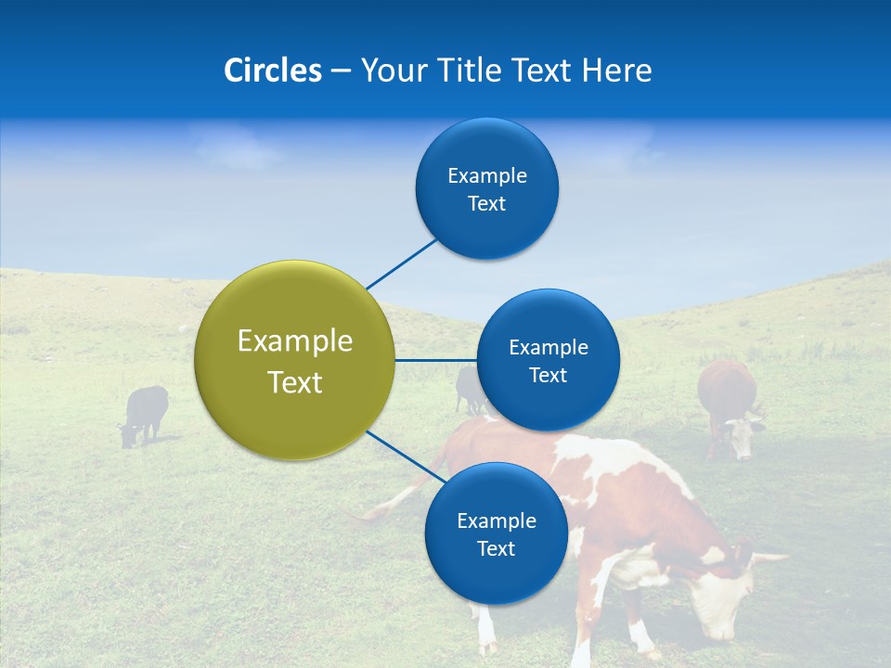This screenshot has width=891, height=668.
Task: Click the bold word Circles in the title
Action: click(273, 71)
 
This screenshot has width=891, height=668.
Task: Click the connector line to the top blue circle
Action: click(401, 263)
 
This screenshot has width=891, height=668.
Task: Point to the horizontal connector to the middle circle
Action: click(436, 360)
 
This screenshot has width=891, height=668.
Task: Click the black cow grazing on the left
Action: click(145, 411)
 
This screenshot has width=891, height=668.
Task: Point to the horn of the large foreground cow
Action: click(767, 559)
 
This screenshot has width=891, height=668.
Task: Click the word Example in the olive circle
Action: click(295, 340)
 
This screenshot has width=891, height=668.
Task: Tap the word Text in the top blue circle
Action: click(486, 204)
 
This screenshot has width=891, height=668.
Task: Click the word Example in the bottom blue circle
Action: click(496, 520)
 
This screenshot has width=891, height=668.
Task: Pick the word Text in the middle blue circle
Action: click(548, 376)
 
